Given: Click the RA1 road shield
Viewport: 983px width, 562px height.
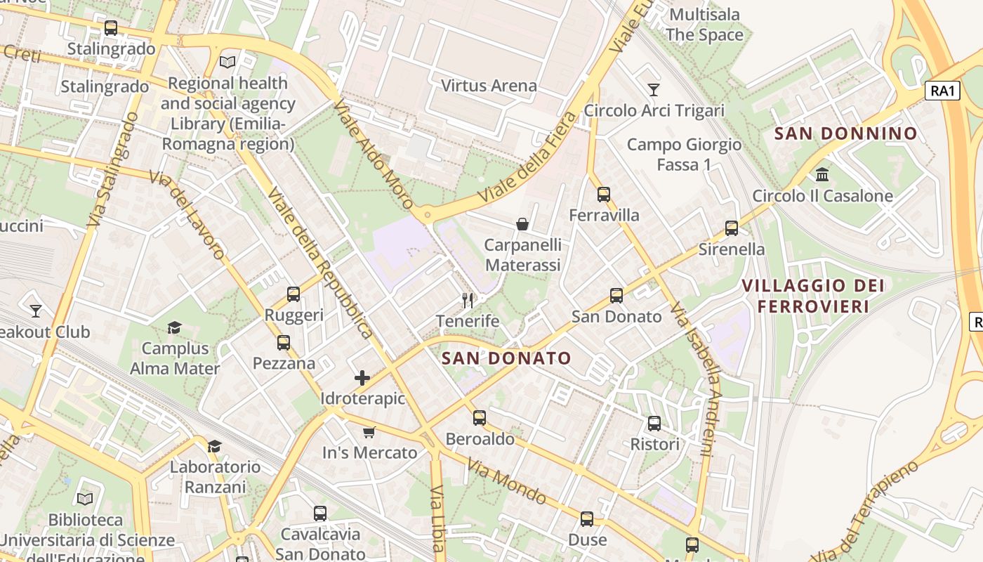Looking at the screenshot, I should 942,91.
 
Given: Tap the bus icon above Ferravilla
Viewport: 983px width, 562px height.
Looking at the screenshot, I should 603,195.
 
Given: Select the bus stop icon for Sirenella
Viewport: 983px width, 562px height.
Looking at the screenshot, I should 731,228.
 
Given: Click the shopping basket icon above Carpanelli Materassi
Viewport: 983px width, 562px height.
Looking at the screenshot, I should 522,224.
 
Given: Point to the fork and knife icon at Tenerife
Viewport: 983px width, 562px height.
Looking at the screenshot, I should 468,301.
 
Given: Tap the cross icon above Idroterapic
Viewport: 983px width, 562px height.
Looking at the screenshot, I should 362,378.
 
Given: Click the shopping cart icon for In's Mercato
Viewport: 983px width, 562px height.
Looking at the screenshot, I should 369,432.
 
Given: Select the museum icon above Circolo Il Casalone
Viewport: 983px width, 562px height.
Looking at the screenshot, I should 822,174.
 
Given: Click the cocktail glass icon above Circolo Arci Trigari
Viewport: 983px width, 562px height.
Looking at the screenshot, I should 654,90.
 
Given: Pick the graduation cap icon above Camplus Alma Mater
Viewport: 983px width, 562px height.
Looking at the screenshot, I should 174,327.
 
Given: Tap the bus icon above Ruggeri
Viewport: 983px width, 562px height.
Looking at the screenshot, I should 293,294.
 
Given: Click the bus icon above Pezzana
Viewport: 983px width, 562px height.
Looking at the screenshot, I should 284,343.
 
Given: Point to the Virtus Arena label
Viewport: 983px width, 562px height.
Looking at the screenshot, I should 489,86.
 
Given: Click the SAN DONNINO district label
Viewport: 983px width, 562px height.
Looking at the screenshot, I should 845,133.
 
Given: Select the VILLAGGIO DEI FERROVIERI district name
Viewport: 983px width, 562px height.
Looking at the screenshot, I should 813,296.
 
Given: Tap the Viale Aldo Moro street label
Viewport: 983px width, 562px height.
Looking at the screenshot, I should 373,154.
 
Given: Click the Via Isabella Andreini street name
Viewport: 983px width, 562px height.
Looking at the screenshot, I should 694,380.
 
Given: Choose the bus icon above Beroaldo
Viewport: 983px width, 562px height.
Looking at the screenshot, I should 480,418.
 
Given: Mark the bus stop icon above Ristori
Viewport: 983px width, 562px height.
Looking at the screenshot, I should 654,424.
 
